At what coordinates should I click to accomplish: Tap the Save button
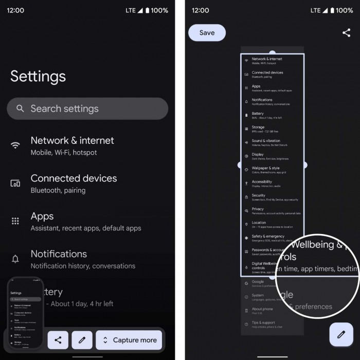[x=207, y=32]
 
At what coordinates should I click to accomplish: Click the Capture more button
[x=129, y=340]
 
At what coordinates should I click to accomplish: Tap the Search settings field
[x=87, y=109]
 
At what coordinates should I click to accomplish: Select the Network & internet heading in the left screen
[x=72, y=140]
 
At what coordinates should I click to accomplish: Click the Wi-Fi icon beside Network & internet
[x=15, y=146]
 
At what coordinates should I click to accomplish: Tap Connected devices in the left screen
[x=74, y=178]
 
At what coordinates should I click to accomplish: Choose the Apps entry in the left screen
[x=42, y=216]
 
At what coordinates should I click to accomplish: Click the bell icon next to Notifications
[x=15, y=259]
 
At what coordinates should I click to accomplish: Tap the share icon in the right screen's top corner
[x=346, y=32]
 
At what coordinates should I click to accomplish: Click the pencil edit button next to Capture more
[x=82, y=340]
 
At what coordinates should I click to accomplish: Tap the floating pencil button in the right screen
[x=341, y=334]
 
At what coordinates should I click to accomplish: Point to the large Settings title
[x=38, y=76]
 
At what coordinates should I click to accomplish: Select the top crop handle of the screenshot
[x=272, y=53]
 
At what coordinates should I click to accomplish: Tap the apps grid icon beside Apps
[x=15, y=221]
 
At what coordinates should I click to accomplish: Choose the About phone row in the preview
[x=262, y=310]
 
